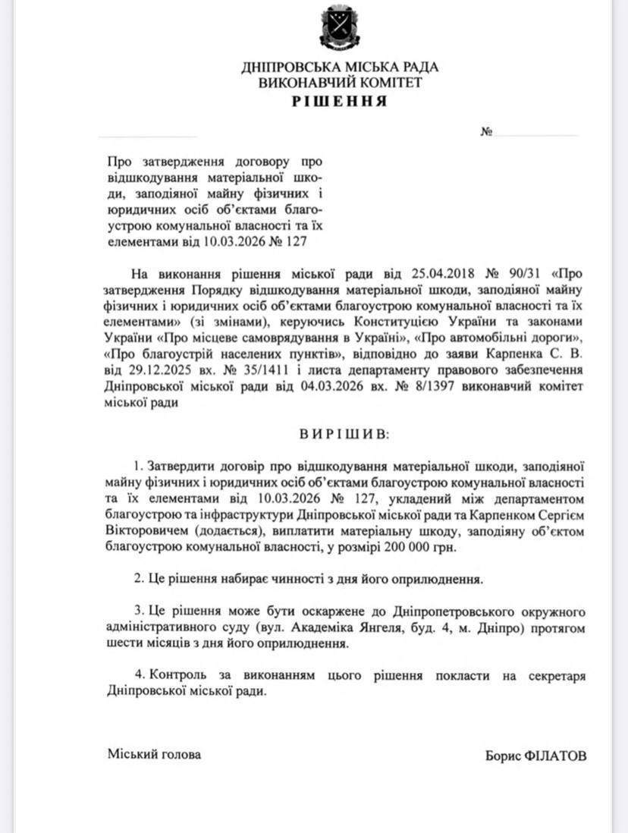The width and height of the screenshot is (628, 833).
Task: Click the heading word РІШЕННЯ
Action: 339,101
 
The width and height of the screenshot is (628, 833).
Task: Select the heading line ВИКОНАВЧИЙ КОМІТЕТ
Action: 339,83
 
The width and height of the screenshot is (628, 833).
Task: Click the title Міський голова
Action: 155,755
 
